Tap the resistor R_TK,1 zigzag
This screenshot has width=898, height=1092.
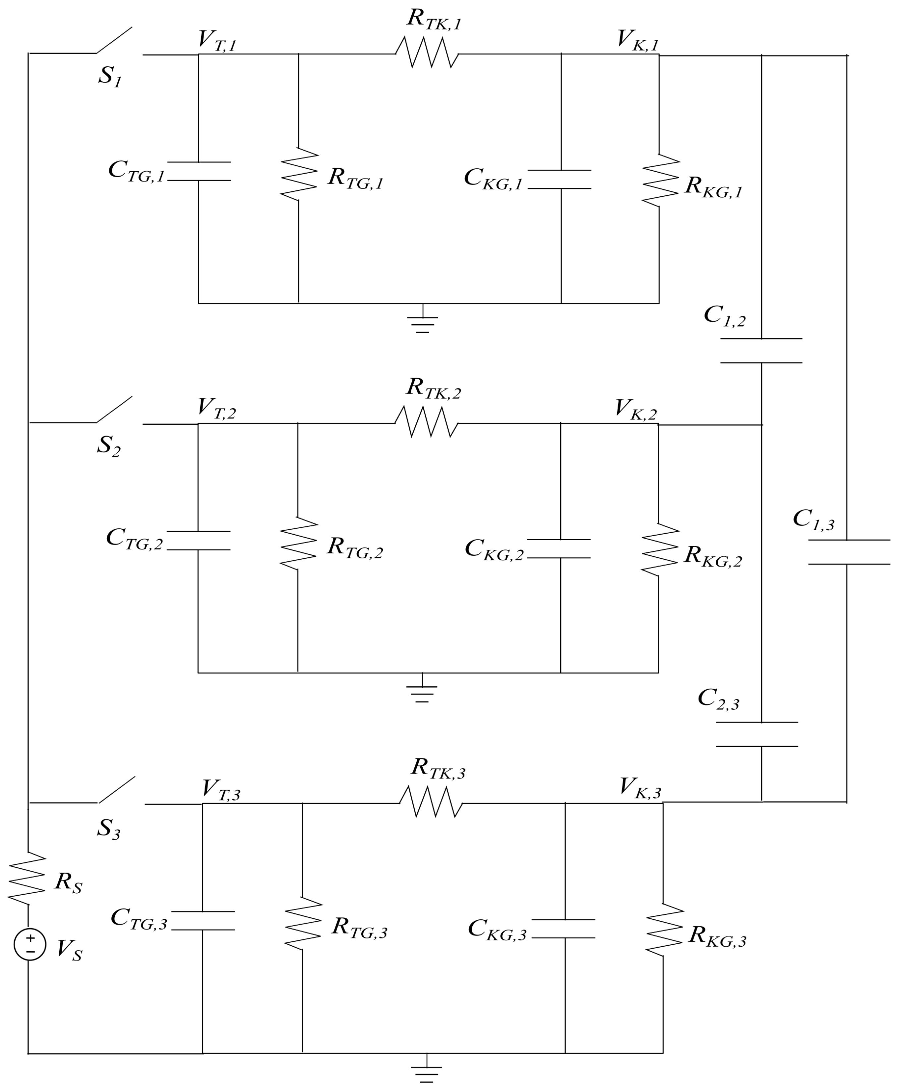coord(427,53)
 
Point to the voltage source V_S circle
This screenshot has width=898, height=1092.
coord(30,944)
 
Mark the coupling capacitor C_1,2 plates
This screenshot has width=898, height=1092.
coord(761,350)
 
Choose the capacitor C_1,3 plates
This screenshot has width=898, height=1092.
coord(849,552)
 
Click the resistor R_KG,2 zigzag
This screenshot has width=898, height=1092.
coord(660,549)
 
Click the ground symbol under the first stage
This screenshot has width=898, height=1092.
coord(423,324)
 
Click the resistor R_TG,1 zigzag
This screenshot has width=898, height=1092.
coord(299,174)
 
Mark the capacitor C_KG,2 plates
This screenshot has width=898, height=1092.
coord(559,548)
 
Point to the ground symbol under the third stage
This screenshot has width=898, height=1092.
coord(427,1074)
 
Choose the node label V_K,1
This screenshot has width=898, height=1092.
coord(638,40)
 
